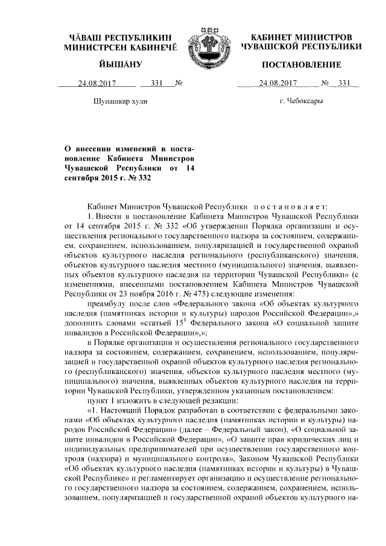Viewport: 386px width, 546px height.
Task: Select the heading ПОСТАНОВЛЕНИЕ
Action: [x=302, y=65]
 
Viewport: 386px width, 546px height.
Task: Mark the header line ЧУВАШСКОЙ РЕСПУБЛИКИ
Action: [x=302, y=46]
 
